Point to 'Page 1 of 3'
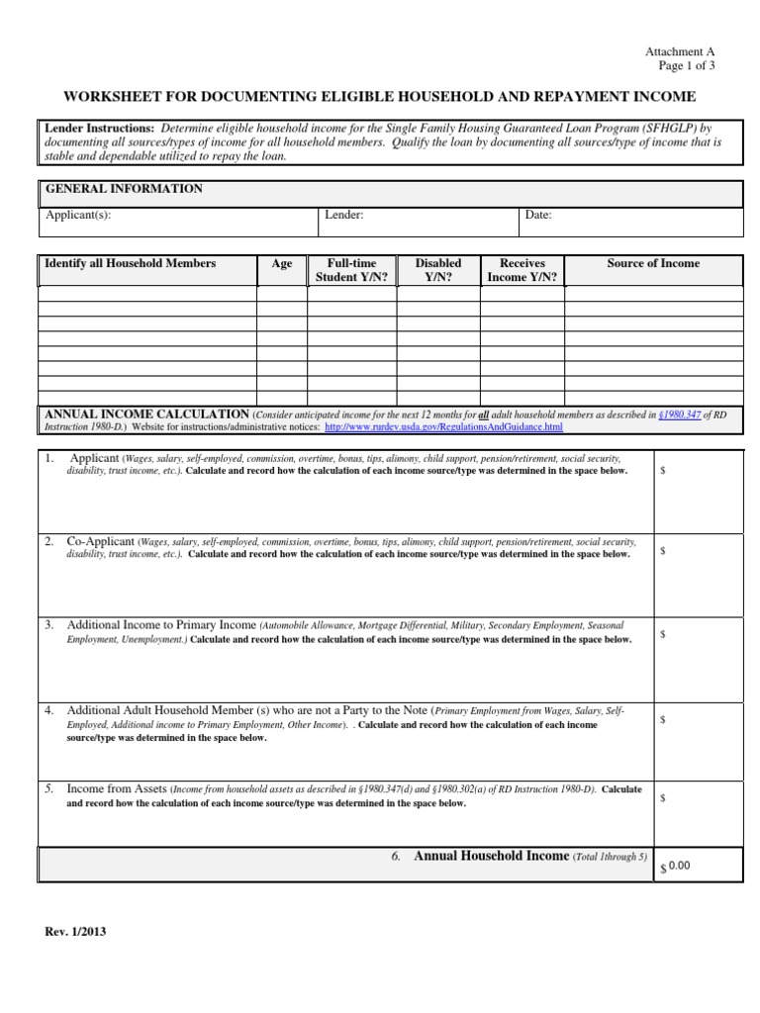click(686, 65)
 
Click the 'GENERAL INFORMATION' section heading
click(124, 189)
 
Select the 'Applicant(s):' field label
click(78, 215)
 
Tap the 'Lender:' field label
click(344, 215)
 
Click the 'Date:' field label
click(538, 215)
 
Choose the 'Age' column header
click(282, 264)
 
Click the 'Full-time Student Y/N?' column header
click(351, 270)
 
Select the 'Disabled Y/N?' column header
click(437, 270)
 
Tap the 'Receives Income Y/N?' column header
click(522, 270)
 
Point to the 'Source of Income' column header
click(652, 263)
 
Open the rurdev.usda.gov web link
click(443, 427)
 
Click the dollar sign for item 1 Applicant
click(663, 472)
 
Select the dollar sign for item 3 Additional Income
click(663, 634)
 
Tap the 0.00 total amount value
click(678, 866)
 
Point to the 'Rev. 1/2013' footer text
click(75, 932)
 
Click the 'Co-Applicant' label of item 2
click(101, 542)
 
